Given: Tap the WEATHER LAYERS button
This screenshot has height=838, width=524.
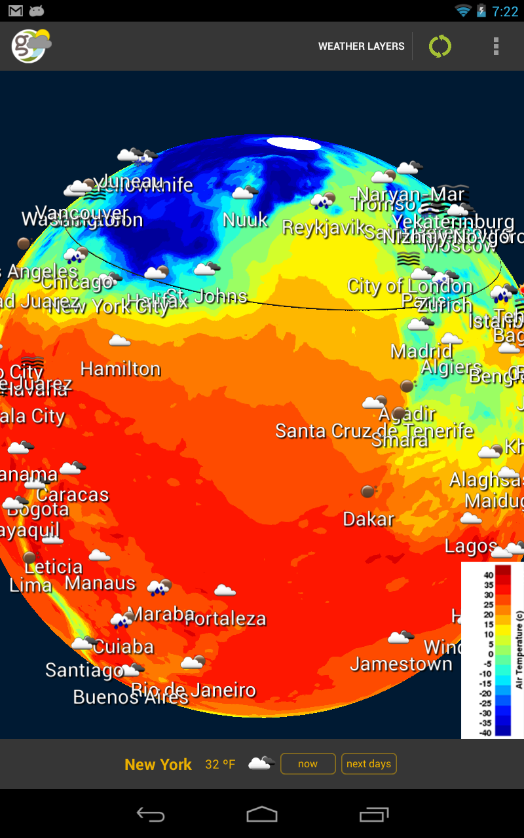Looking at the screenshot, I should (361, 46).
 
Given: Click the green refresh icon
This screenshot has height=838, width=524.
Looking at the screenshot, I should (440, 46).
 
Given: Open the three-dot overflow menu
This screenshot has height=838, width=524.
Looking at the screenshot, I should (496, 46).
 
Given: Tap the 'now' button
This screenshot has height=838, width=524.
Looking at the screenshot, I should (308, 763).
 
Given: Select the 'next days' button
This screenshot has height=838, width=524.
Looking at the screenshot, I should (369, 763).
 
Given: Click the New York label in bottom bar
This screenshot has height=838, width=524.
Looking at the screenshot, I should (158, 764).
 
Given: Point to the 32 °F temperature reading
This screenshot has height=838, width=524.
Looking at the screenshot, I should (220, 764).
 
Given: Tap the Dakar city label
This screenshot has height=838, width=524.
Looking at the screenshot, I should (369, 520).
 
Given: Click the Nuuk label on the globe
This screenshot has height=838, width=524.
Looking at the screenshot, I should (245, 220).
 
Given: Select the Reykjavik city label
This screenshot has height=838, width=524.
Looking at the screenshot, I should (324, 228).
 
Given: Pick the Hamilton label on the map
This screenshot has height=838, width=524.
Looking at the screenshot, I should (121, 369).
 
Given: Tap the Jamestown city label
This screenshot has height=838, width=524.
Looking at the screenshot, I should (401, 665).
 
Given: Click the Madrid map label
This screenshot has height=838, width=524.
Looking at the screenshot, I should (421, 352).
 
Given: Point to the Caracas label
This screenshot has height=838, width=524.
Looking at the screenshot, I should (72, 495).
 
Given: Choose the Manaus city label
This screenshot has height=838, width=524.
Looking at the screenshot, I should (100, 583).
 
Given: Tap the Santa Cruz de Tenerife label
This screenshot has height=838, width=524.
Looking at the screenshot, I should (374, 431).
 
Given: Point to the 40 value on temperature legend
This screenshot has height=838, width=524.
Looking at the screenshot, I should (489, 575).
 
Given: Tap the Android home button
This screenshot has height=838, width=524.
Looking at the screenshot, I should (262, 814).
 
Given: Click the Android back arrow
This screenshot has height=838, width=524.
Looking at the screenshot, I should (150, 814).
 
